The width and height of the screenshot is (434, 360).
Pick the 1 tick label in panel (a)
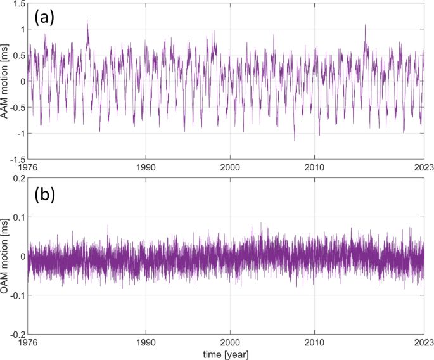pyautogui.click(x=20, y=30)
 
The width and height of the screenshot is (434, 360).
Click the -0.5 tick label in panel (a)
pyautogui.click(x=15, y=107)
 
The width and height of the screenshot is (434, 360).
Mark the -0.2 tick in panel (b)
pyautogui.click(x=15, y=334)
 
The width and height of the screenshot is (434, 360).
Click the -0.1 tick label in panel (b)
pyautogui.click(x=15, y=295)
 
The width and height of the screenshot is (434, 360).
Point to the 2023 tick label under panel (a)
pyautogui.click(x=423, y=167)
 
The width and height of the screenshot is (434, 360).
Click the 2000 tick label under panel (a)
pyautogui.click(x=230, y=167)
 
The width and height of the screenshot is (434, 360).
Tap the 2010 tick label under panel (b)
pyautogui.click(x=315, y=343)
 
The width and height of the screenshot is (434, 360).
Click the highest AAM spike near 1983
pyautogui.click(x=87, y=20)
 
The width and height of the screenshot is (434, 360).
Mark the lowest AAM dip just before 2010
pyautogui.click(x=295, y=140)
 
